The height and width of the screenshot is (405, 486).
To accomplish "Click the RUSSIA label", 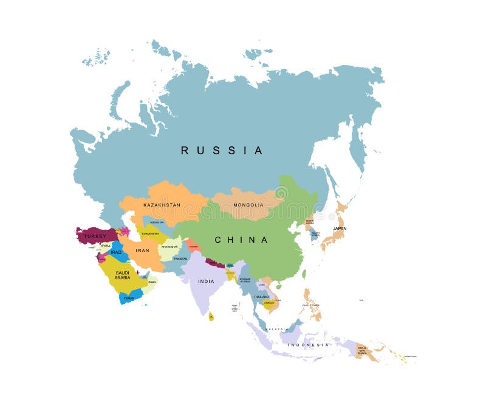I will coord(222,150).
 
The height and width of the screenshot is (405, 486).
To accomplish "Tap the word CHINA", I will coord(241,240).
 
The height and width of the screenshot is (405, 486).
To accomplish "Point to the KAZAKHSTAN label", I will coord(162,205).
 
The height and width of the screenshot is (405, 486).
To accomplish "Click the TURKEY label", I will coord(95,236).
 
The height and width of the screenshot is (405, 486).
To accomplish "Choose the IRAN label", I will coord(142,250).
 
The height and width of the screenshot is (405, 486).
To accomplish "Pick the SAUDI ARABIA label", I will coord(122,275).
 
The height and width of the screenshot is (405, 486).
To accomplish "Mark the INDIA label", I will coord(206,281).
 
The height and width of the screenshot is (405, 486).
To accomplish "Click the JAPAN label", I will coord(339,229).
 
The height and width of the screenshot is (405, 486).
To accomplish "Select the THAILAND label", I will coord(261,296).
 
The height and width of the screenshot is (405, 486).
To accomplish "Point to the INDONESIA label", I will coord(308,344).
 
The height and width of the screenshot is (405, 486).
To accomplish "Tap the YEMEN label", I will coord(129,298).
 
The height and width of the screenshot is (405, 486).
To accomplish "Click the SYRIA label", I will coord(106,245).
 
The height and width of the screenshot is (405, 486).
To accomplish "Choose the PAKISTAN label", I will coord(180,259).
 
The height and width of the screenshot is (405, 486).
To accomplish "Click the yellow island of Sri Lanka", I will coord(211,316).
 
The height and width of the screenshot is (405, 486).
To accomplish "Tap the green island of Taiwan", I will coord(304,274).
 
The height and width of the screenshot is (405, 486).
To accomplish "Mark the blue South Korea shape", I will coord(315,234).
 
